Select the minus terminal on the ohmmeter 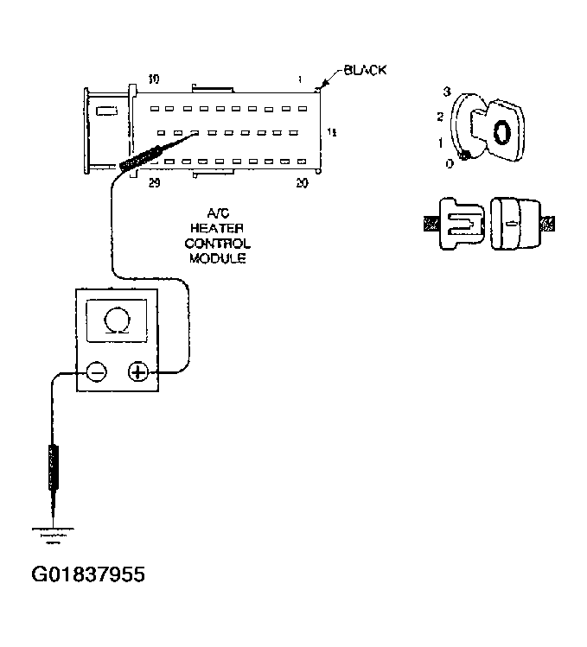96,372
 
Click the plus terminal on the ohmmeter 138,372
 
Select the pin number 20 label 302,183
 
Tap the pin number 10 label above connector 153,79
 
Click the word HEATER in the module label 215,226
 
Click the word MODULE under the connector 215,257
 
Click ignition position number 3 446,92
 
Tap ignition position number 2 440,116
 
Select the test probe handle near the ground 54,466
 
